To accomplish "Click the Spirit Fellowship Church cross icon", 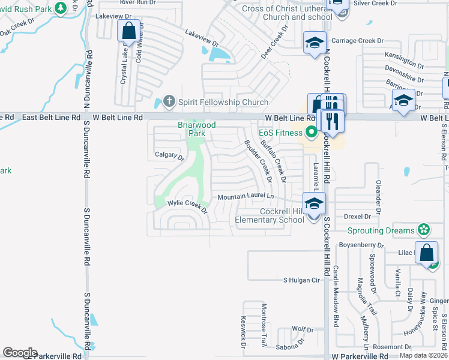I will (169, 102).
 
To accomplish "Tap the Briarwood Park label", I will (196, 129).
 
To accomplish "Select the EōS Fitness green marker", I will (311, 132).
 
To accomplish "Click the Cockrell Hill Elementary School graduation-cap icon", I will (313, 205).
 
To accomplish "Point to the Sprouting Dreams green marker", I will (424, 230).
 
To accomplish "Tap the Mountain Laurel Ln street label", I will (246, 197).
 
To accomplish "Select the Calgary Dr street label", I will (169, 157).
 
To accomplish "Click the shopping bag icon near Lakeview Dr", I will (129, 31).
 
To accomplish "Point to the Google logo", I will (20, 353).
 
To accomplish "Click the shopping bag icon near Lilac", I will (427, 253).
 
